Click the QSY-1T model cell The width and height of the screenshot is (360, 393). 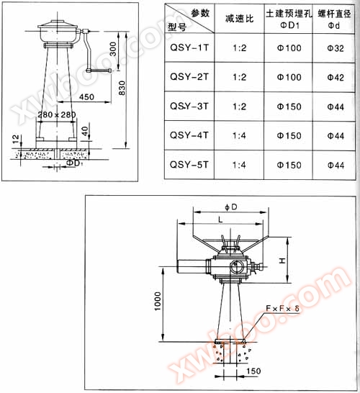point(189,48)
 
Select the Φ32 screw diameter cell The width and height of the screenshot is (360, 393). point(336,48)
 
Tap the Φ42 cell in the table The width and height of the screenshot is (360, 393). point(336,78)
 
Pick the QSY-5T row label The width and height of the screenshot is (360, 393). point(189,165)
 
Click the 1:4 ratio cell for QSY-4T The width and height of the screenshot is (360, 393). point(239,135)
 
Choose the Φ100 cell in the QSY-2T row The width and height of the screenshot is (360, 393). point(289,77)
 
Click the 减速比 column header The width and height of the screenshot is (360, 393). point(240,18)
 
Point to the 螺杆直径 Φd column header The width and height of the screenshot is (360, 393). point(334,19)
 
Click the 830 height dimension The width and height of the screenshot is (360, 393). point(122,88)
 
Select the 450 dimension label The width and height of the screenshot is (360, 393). point(86,97)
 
